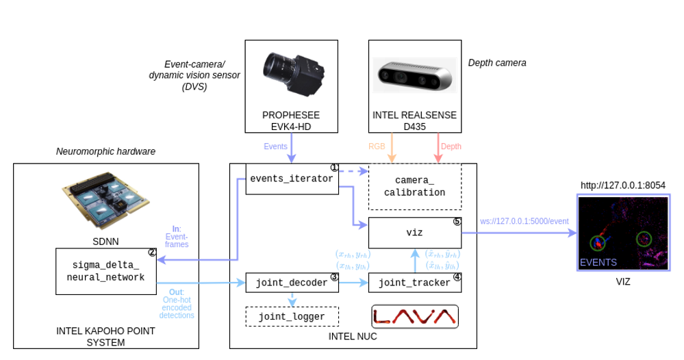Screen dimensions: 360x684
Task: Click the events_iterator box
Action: click(x=292, y=179)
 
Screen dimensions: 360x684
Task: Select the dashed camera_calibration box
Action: click(x=415, y=186)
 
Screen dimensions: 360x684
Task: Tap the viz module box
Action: click(x=415, y=233)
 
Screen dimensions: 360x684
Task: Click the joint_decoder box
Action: click(x=292, y=282)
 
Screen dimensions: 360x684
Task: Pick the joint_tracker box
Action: click(x=415, y=282)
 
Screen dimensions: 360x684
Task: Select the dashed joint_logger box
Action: click(x=292, y=316)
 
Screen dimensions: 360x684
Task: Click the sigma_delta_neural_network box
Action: click(x=105, y=271)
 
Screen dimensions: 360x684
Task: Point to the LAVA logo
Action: click(x=415, y=316)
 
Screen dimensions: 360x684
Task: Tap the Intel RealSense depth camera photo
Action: click(x=415, y=75)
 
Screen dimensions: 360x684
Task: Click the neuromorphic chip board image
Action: click(x=105, y=204)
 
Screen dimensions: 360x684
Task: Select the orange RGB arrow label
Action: click(x=377, y=146)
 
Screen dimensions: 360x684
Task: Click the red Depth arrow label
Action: click(x=451, y=146)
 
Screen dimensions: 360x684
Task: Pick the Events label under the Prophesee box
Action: click(x=275, y=146)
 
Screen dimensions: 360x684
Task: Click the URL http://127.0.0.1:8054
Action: click(x=623, y=185)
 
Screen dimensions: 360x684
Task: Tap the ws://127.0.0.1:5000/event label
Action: click(x=524, y=221)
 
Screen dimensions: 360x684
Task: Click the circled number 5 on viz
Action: click(x=457, y=222)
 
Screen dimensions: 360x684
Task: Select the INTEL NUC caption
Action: click(x=353, y=336)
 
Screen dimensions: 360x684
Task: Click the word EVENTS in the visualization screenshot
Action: click(x=598, y=262)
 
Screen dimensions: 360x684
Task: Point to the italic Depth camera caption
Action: click(x=497, y=63)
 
